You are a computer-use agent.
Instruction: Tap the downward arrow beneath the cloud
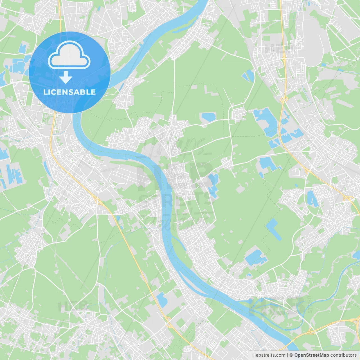click(x=66, y=77)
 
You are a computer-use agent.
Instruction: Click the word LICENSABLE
click(x=69, y=92)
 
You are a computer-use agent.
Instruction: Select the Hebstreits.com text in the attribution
click(x=269, y=355)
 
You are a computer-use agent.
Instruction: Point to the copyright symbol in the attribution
click(x=291, y=355)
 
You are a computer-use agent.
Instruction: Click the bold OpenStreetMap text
click(x=312, y=355)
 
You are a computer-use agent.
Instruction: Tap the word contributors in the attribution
click(x=343, y=355)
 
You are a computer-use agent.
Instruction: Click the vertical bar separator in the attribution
click(x=287, y=355)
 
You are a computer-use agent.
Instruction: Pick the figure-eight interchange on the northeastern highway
click(x=284, y=99)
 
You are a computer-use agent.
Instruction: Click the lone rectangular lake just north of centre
click(x=208, y=117)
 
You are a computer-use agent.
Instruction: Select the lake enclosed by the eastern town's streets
click(x=312, y=198)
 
